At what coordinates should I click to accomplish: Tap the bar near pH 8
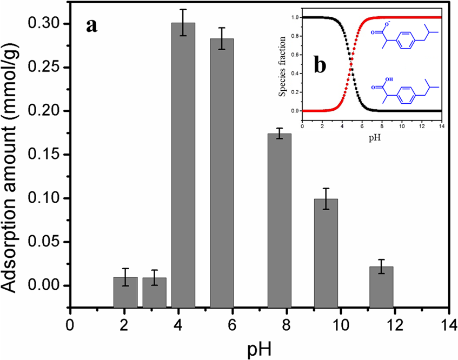[280, 219]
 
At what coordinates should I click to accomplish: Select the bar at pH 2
[125, 290]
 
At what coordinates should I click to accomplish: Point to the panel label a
[92, 24]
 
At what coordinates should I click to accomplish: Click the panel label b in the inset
[320, 65]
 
